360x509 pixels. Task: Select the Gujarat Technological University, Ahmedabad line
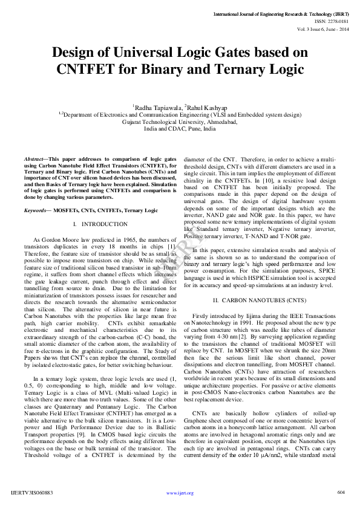(x=180, y=121)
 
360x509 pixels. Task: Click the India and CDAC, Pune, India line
(x=180, y=129)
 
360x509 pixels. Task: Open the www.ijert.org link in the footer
(x=180, y=493)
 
